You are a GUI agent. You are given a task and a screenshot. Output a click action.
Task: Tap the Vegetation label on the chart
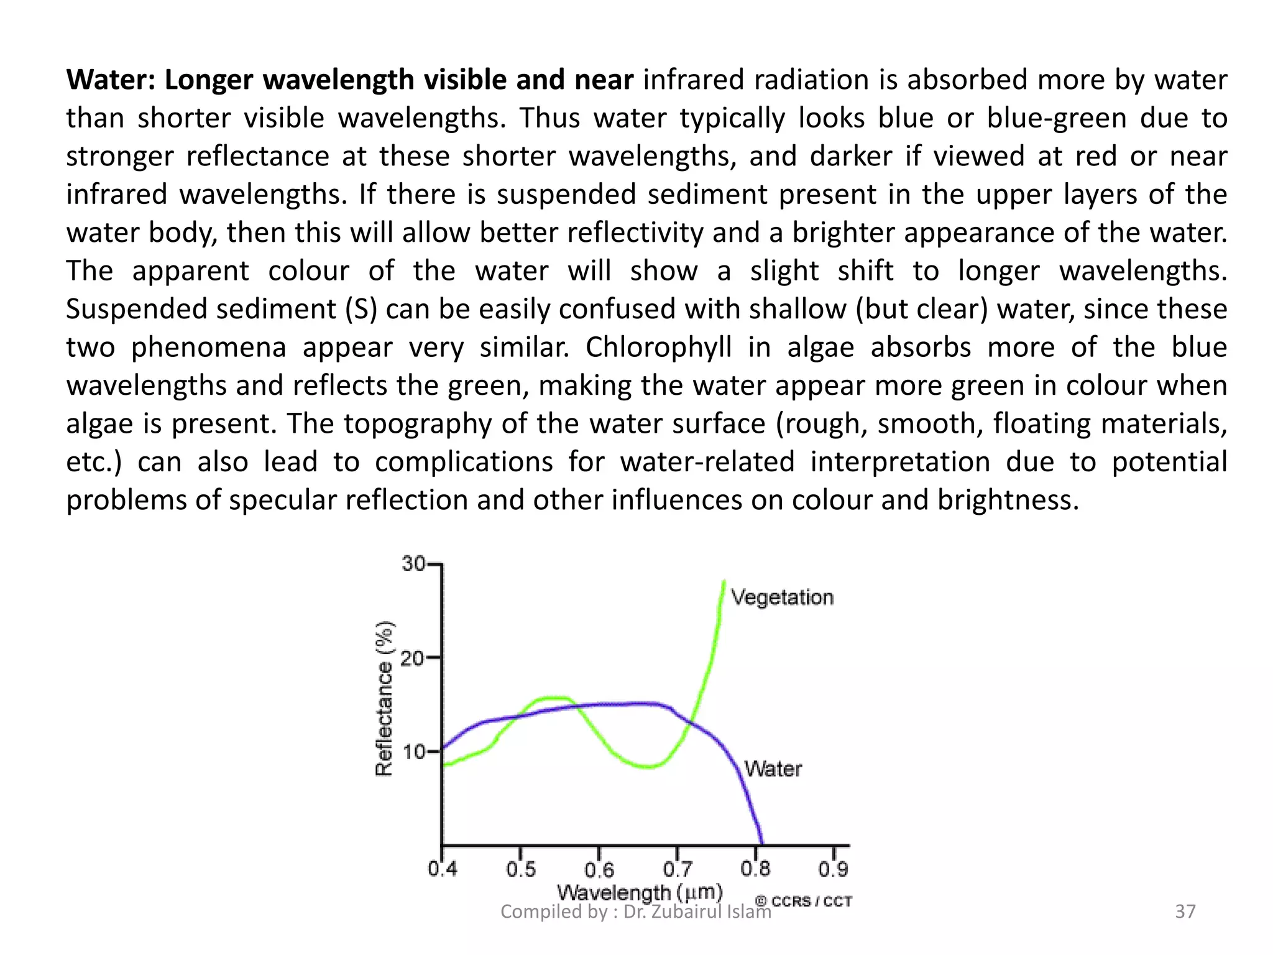(x=782, y=597)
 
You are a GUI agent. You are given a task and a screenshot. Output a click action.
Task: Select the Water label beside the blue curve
(x=773, y=769)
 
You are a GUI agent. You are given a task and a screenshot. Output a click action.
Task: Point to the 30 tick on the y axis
(x=414, y=564)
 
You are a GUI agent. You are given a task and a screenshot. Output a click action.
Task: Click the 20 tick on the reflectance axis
(x=413, y=657)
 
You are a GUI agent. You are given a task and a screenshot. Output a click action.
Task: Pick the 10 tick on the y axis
(x=414, y=752)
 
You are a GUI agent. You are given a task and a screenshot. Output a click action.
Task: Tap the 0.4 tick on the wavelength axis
(x=443, y=869)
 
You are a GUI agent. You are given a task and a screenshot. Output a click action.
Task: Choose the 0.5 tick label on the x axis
(x=521, y=869)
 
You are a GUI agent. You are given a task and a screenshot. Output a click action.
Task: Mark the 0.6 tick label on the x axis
(x=599, y=869)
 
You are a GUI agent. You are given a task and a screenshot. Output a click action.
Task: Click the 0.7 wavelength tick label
(x=678, y=869)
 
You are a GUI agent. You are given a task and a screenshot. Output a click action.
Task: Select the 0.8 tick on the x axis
(x=756, y=869)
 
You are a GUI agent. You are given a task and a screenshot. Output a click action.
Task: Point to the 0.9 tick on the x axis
(x=834, y=869)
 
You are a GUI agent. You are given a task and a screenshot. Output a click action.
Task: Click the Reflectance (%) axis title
(x=385, y=698)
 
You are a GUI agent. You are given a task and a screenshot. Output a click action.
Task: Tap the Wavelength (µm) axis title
(x=640, y=893)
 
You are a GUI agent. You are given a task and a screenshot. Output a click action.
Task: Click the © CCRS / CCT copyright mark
(x=803, y=901)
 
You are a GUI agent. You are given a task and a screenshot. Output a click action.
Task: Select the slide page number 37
(x=1185, y=911)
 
